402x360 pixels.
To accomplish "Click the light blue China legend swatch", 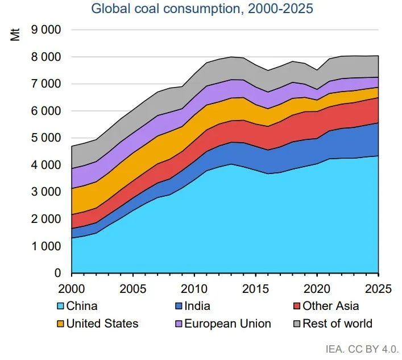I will point(60,306).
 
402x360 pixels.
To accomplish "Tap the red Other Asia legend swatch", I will point(296,306).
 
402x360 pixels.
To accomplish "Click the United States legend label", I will point(102,324).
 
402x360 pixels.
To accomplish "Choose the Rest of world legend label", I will point(337,324).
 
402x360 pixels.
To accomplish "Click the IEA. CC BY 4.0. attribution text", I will point(362,349).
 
